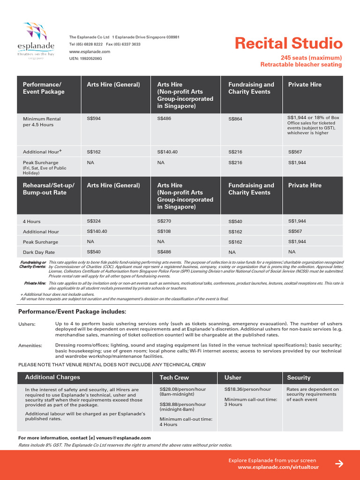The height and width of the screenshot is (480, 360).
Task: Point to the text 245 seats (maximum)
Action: tap(311, 58)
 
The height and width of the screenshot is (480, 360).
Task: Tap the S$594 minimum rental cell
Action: tap(94, 119)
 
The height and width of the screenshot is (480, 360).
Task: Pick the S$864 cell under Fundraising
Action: tap(235, 119)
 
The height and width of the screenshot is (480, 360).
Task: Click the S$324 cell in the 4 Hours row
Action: tap(94, 221)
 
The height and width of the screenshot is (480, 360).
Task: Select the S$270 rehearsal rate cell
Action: tap(164, 221)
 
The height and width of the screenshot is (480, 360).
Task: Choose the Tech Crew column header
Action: tap(174, 377)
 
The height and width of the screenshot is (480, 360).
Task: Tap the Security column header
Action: tap(299, 377)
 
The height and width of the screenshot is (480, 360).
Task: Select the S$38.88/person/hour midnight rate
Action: tap(182, 404)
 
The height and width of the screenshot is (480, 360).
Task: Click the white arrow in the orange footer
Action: tap(339, 464)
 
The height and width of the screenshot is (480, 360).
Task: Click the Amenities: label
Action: tap(30, 345)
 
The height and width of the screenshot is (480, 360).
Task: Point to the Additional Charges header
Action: tap(52, 377)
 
